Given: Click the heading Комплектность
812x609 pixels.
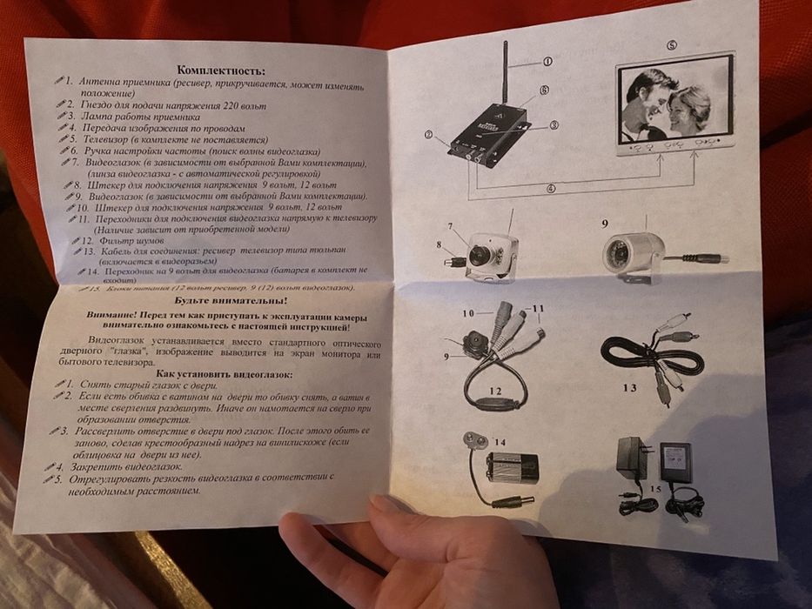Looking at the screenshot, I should (220, 70).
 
